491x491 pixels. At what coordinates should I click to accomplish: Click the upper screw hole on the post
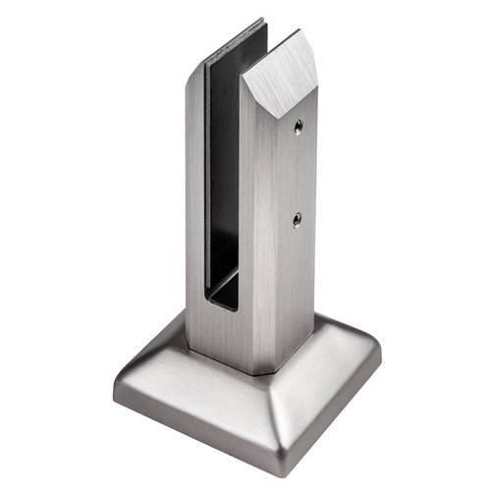[298, 125]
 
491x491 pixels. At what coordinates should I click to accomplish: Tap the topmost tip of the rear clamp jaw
[263, 20]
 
